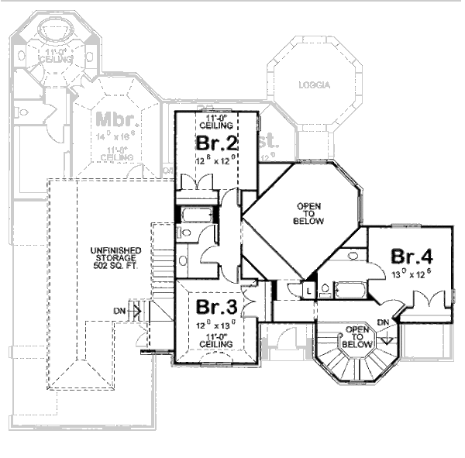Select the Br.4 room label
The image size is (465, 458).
coord(412,256)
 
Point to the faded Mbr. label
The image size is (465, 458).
coord(117,120)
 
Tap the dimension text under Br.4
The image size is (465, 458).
coord(412,273)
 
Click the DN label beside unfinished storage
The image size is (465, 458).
coord(120,311)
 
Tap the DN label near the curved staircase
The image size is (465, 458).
coord(382,322)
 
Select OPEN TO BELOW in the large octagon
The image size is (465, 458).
coord(308,214)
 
